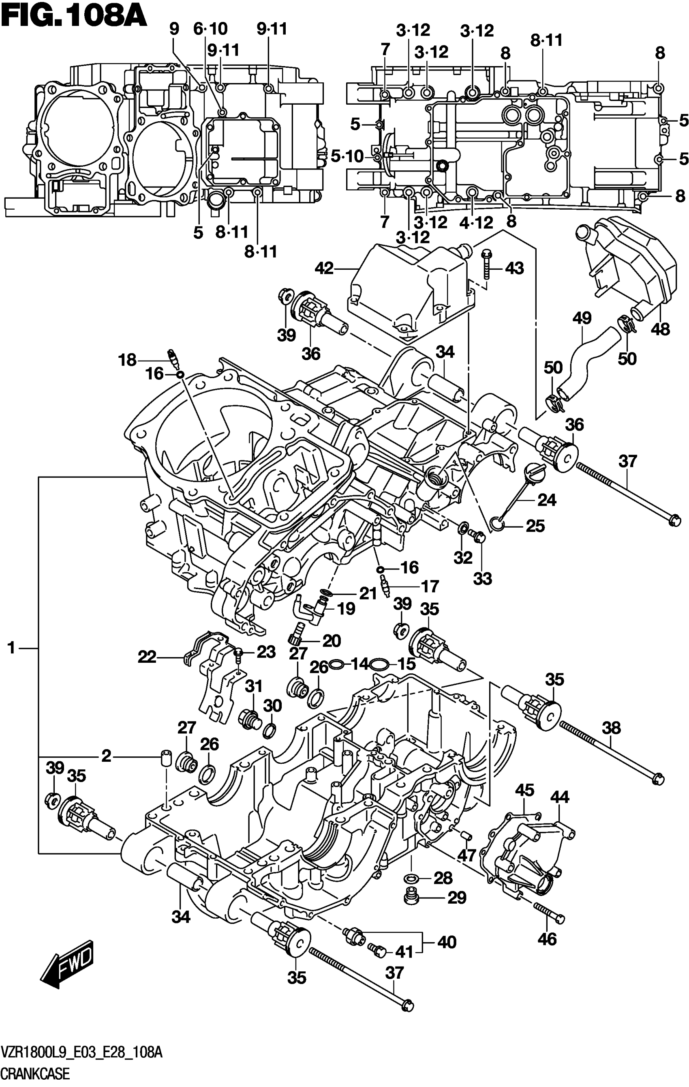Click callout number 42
pos(324,269)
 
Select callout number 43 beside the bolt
pos(514,269)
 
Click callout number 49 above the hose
pos(582,318)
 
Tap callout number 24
pos(547,500)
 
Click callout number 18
pos(127,360)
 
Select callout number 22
pos(147,656)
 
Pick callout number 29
pos(457,898)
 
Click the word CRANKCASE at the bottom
pos(36,1074)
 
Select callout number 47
pos(466,855)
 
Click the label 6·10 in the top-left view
pos(210,29)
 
